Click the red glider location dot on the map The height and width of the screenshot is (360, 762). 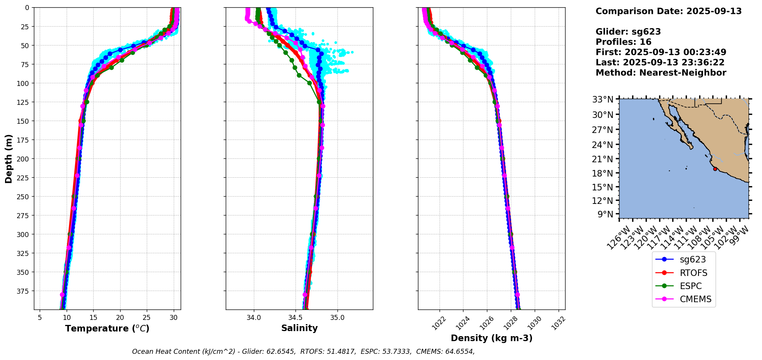pyautogui.click(x=715, y=169)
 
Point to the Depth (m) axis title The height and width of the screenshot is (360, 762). pyautogui.click(x=9, y=159)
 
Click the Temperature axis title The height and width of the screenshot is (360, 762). pyautogui.click(x=107, y=328)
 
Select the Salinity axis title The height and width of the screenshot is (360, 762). pyautogui.click(x=299, y=328)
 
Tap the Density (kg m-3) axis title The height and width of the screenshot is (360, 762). pyautogui.click(x=492, y=338)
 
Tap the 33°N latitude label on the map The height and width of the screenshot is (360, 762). pyautogui.click(x=603, y=99)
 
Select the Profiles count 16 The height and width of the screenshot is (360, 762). pyautogui.click(x=645, y=42)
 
